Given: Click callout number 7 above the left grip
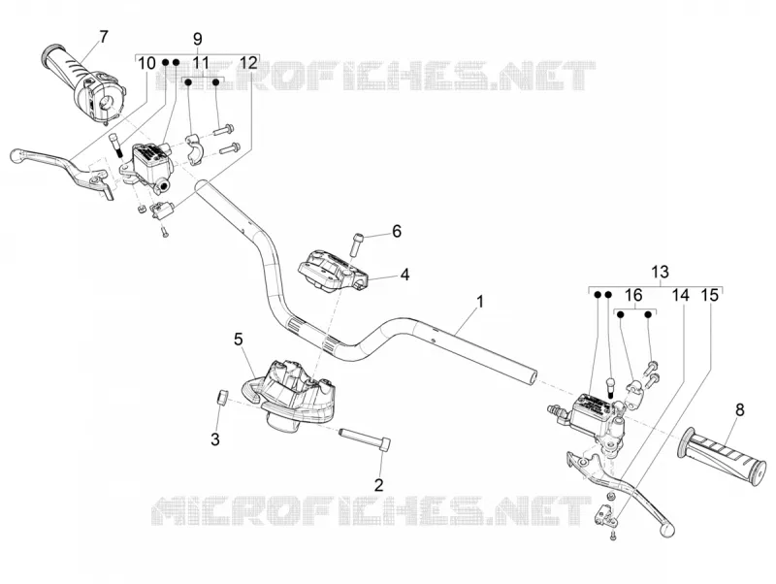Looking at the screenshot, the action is tap(103, 37).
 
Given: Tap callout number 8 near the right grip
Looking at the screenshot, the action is tap(740, 410).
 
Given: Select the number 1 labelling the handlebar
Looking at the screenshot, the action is tap(479, 302).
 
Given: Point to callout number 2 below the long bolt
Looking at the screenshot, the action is tap(378, 484).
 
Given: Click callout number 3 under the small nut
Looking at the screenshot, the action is tap(215, 439).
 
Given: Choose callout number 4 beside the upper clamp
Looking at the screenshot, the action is tap(404, 275).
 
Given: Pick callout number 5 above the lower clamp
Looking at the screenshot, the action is tap(239, 339).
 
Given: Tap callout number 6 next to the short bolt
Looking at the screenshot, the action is tap(397, 231).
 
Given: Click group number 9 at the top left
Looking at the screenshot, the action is tap(198, 39).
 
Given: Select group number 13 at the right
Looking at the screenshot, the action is tap(661, 272).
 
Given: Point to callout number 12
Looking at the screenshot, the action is tap(248, 63).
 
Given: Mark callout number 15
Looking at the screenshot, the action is tap(710, 296).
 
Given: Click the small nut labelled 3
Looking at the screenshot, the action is tap(222, 397).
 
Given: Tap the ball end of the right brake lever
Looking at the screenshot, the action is tap(667, 529).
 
